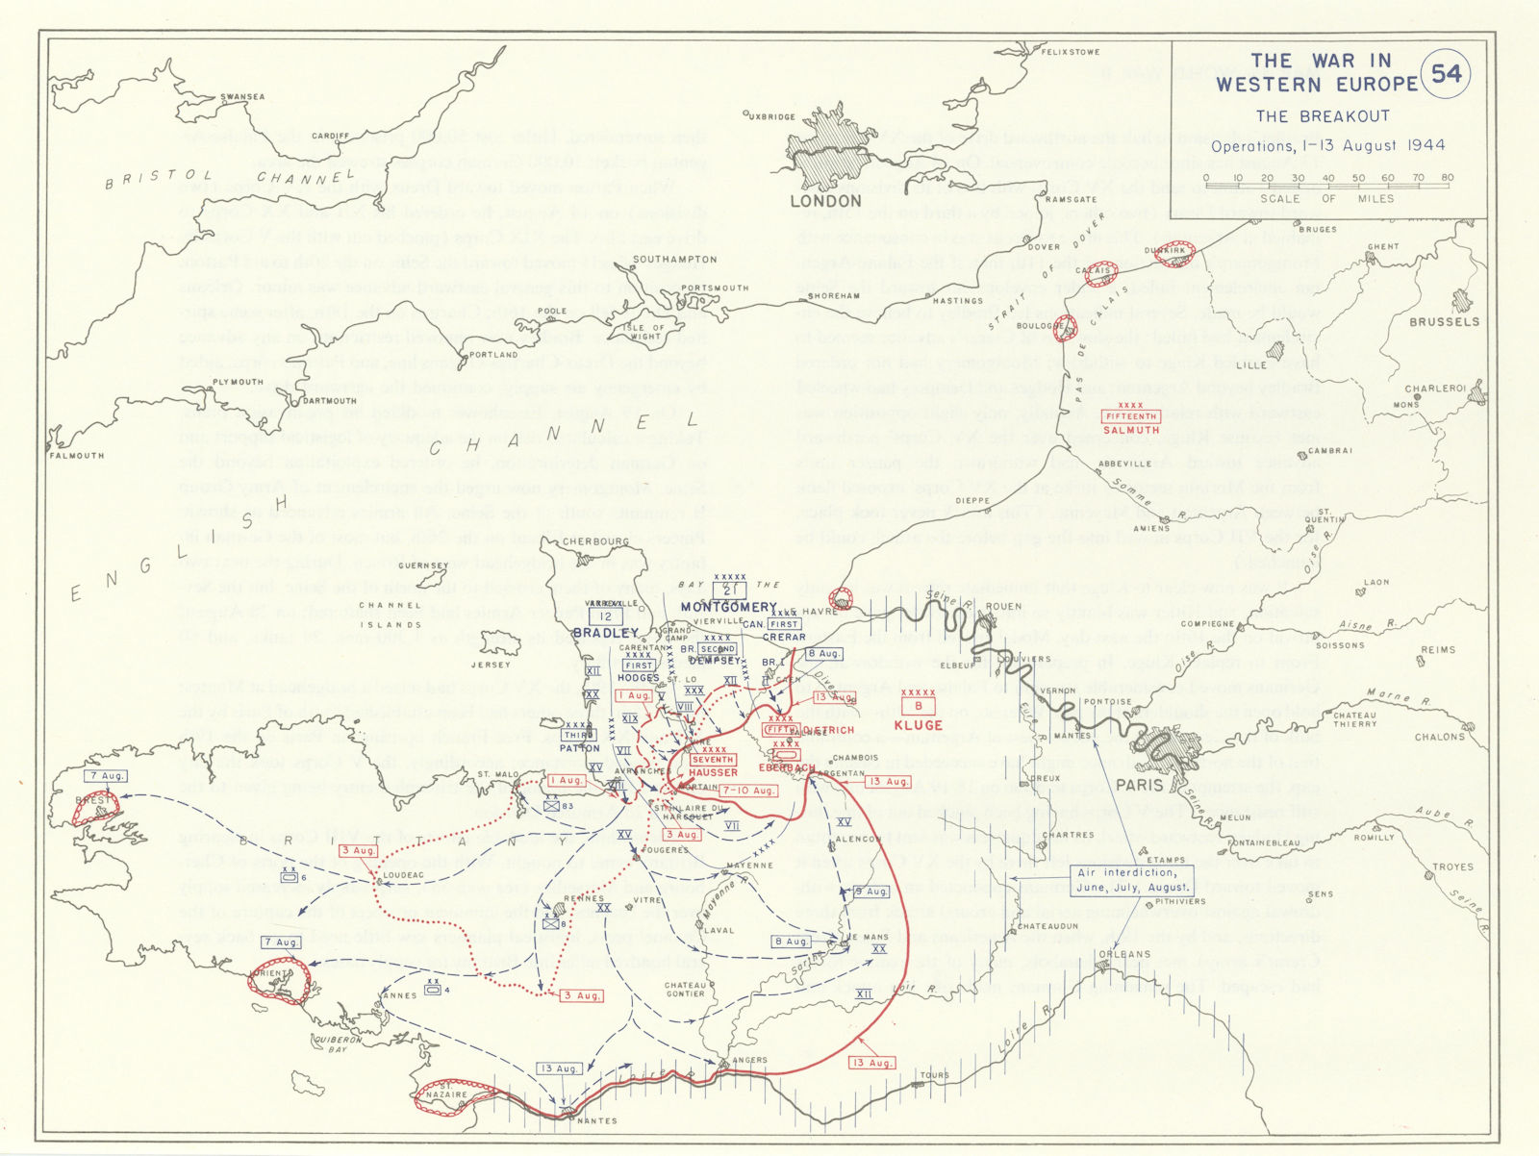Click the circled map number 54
(x=1446, y=74)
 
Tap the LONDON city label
(x=825, y=201)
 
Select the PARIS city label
(x=1139, y=785)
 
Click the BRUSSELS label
(x=1444, y=321)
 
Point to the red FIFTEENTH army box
(x=1131, y=416)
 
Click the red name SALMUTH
(x=1131, y=430)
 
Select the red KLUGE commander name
(x=918, y=724)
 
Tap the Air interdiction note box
(x=1132, y=880)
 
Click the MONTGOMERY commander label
(x=728, y=607)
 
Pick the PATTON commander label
(x=579, y=748)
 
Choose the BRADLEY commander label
(x=605, y=633)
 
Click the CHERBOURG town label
(x=595, y=541)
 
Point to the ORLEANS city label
(x=1123, y=955)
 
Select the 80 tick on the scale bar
(x=1447, y=178)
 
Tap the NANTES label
(x=596, y=1120)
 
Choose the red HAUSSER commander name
(x=713, y=772)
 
